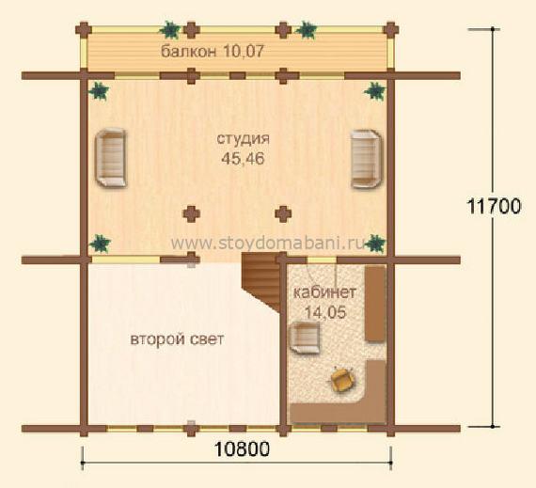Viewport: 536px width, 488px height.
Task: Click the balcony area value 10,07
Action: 244,52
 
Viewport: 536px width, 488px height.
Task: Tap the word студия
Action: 243,139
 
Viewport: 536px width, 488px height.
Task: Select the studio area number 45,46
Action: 243,159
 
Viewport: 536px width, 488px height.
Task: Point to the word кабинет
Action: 324,292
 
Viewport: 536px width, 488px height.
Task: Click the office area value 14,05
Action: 325,312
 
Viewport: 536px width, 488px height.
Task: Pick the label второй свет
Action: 177,339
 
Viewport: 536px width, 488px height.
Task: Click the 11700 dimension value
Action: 494,207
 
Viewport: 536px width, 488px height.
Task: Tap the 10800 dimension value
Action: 242,449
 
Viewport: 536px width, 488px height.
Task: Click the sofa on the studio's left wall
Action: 111,158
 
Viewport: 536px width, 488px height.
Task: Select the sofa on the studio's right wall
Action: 367,159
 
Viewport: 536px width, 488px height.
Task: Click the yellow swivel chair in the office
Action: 342,379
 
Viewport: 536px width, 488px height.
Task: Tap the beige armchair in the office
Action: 305,337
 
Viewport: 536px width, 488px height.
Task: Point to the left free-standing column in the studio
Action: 192,214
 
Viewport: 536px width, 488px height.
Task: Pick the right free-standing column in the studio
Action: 283,214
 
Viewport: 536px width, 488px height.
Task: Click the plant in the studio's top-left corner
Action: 99,91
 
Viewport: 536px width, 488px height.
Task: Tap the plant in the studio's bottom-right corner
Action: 375,244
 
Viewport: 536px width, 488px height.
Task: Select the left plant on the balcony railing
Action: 169,30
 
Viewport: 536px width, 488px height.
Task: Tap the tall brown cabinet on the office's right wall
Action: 375,304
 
